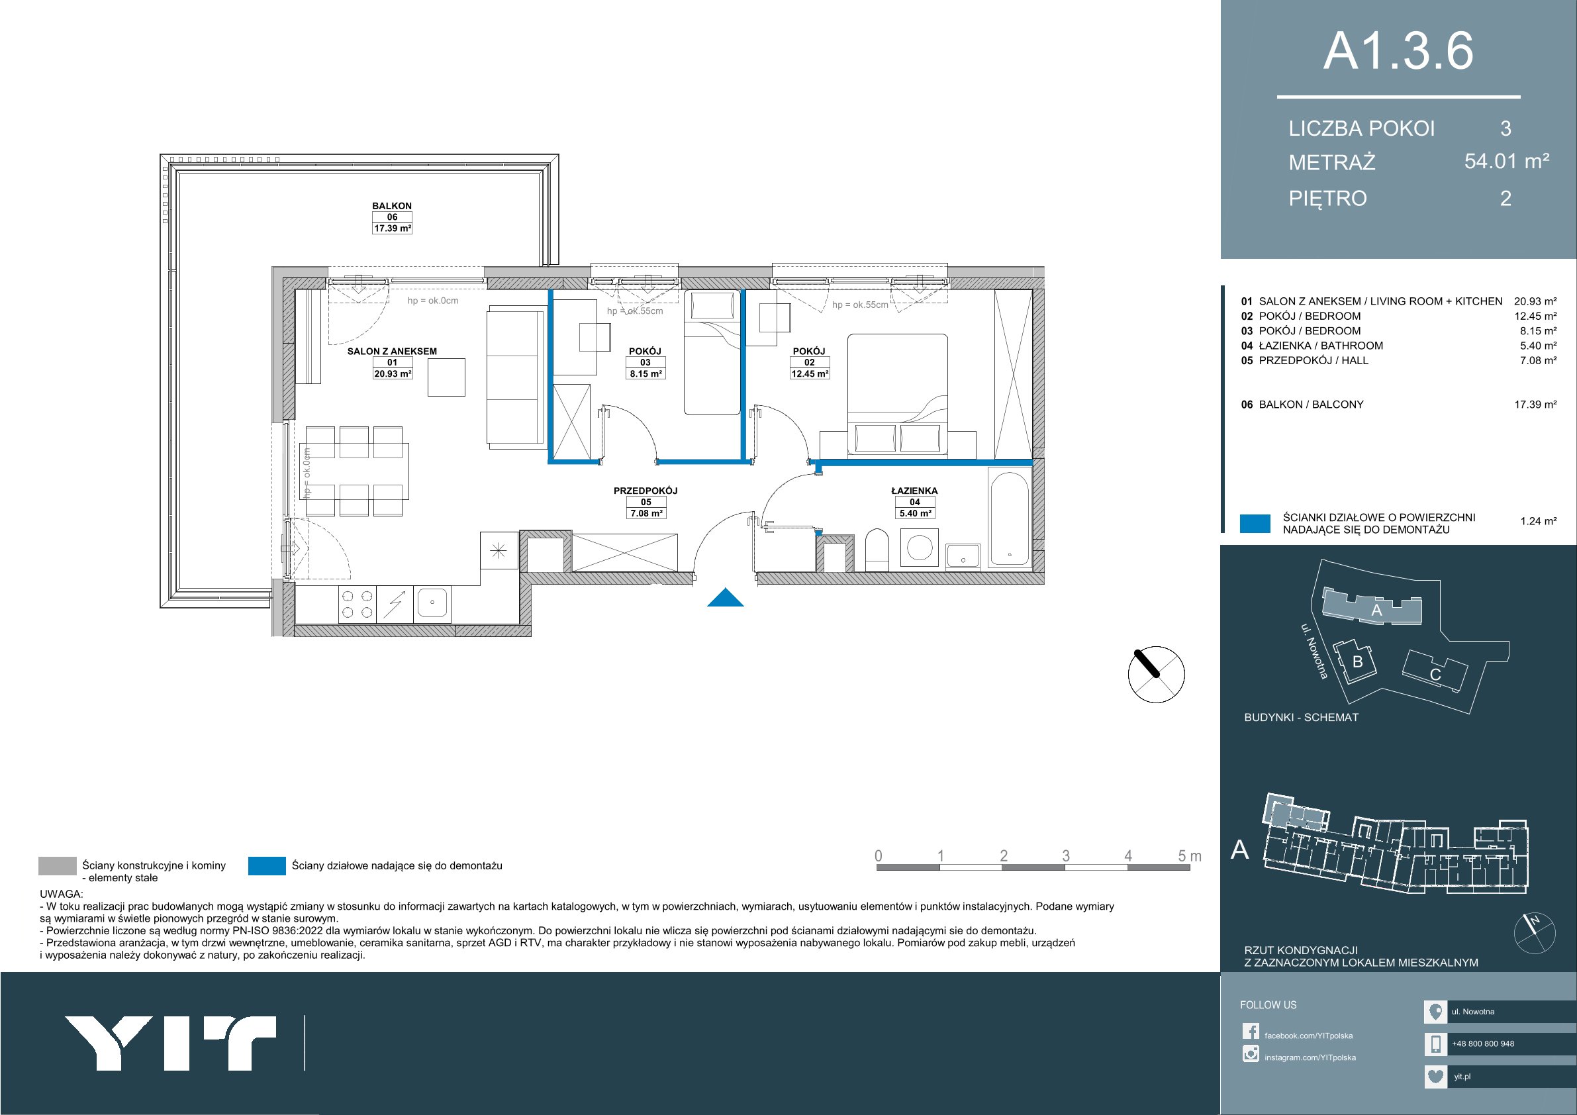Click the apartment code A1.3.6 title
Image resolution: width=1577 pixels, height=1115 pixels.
pos(1398,51)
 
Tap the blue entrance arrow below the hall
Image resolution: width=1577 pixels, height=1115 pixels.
pos(726,599)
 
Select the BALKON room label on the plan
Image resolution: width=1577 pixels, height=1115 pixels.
pos(391,205)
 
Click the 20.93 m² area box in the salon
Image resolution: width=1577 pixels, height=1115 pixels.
pos(392,373)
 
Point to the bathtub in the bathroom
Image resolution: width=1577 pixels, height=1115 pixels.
pos(1009,516)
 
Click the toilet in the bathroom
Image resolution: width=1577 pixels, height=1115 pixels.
pos(876,550)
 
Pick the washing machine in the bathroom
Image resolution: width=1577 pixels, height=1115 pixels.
pos(919,549)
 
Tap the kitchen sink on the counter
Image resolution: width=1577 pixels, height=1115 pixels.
pos(432,604)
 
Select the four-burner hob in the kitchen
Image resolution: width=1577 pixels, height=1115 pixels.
pos(357,604)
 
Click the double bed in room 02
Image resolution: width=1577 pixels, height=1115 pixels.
pos(898,395)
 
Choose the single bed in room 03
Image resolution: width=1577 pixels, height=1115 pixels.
pos(712,352)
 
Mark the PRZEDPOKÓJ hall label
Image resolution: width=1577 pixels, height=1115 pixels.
pos(645,491)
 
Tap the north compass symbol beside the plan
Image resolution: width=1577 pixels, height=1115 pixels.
pos(1157,675)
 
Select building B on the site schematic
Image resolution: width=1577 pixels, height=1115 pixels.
pos(1357,661)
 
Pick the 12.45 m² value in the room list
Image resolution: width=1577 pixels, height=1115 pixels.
pos(1536,316)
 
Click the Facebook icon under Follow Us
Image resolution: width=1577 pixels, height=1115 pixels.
pos(1251,1032)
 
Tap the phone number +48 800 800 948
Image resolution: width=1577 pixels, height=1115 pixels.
pos(1483,1043)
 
